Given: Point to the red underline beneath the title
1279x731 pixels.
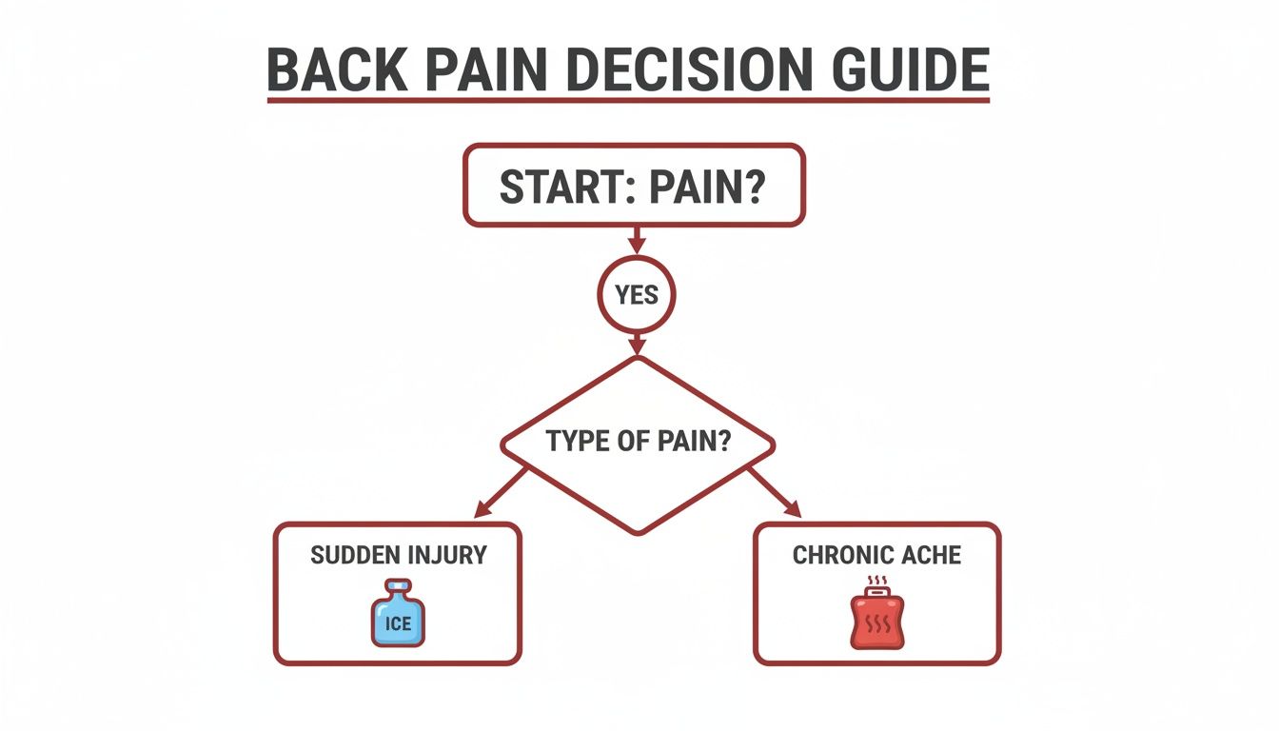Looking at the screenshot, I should click(628, 99).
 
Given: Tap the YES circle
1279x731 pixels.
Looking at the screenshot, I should click(637, 295).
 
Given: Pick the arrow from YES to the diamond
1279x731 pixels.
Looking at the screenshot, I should click(637, 345).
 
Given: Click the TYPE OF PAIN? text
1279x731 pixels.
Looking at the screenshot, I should click(638, 442).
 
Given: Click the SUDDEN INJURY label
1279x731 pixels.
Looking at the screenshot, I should click(397, 554).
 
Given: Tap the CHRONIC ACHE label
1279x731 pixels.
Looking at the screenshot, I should click(876, 554).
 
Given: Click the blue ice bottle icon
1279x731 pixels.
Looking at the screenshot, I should click(397, 616).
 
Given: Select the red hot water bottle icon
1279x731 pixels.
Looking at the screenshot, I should click(876, 621).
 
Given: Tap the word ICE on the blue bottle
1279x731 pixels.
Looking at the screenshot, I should click(397, 624).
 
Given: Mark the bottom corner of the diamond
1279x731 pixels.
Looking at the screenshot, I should click(638, 531).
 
